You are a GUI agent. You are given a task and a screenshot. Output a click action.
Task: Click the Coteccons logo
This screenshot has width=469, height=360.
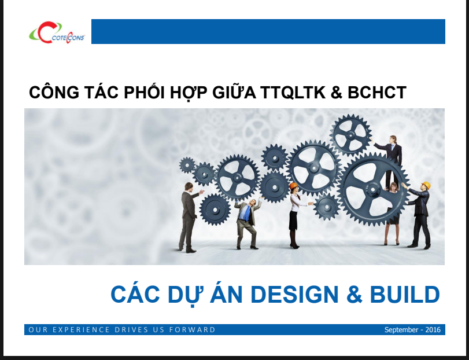click(x=57, y=32)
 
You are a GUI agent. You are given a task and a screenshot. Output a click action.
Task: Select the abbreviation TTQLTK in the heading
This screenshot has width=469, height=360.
click(x=293, y=93)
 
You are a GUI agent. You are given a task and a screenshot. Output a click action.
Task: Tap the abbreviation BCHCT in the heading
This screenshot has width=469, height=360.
click(x=376, y=93)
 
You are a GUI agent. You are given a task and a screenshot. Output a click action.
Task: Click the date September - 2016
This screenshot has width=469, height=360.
click(x=412, y=330)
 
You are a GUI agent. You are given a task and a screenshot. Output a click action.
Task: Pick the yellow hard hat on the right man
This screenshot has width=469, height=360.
click(x=426, y=185)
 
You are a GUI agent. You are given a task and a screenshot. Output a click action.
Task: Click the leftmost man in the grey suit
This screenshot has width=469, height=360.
click(x=189, y=217)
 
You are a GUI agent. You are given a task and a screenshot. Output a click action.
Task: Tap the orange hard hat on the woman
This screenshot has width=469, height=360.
click(x=293, y=186)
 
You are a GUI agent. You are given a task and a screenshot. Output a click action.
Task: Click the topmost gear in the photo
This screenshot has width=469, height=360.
click(x=350, y=134)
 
